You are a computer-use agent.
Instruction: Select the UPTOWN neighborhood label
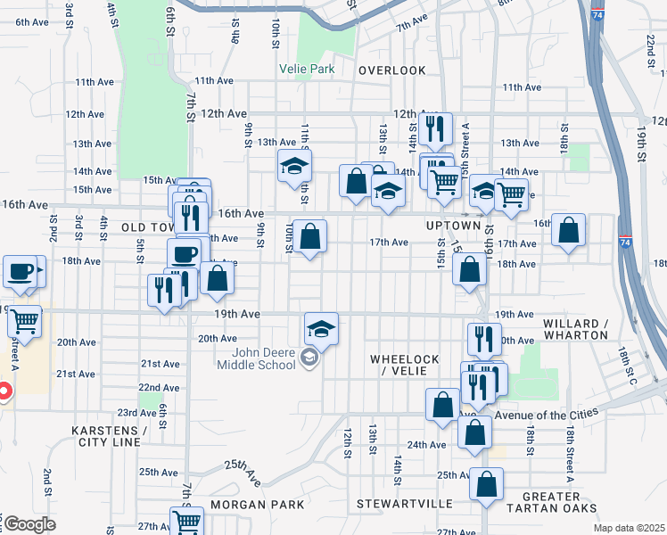click(x=447, y=226)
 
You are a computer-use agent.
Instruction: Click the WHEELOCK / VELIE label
click(x=405, y=365)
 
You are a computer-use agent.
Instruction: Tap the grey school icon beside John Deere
click(x=309, y=358)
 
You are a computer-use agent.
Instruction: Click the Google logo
click(x=29, y=524)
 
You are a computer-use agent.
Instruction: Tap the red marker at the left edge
click(x=3, y=391)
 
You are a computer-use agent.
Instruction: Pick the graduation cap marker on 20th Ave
click(x=321, y=328)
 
